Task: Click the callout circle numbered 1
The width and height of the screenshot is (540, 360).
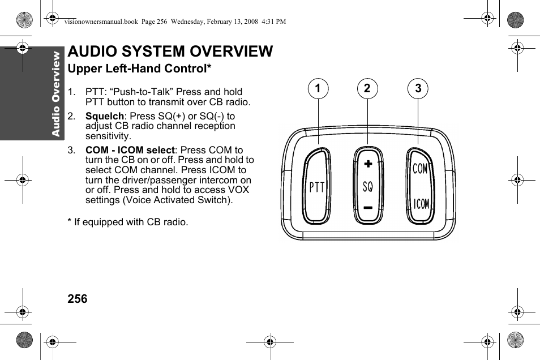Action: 318,89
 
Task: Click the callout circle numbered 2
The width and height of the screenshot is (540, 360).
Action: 367,89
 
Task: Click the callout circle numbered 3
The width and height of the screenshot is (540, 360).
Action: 418,89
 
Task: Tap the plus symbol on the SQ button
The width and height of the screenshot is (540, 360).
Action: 368,164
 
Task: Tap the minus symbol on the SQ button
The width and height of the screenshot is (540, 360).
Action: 368,208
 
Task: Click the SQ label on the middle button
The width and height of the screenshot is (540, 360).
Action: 368,186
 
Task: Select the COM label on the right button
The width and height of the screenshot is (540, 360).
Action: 420,169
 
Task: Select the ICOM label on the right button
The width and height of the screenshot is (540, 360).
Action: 421,204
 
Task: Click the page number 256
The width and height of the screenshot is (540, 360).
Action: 78,299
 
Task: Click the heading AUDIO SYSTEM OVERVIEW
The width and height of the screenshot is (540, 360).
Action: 170,52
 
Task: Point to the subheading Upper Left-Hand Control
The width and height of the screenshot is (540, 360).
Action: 139,69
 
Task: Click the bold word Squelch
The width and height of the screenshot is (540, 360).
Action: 104,116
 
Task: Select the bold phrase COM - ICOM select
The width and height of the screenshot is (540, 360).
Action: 130,150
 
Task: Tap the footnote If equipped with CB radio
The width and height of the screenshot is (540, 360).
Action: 128,222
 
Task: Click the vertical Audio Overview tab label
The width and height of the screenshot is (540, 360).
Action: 55,93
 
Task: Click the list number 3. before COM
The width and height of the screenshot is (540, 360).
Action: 71,150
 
